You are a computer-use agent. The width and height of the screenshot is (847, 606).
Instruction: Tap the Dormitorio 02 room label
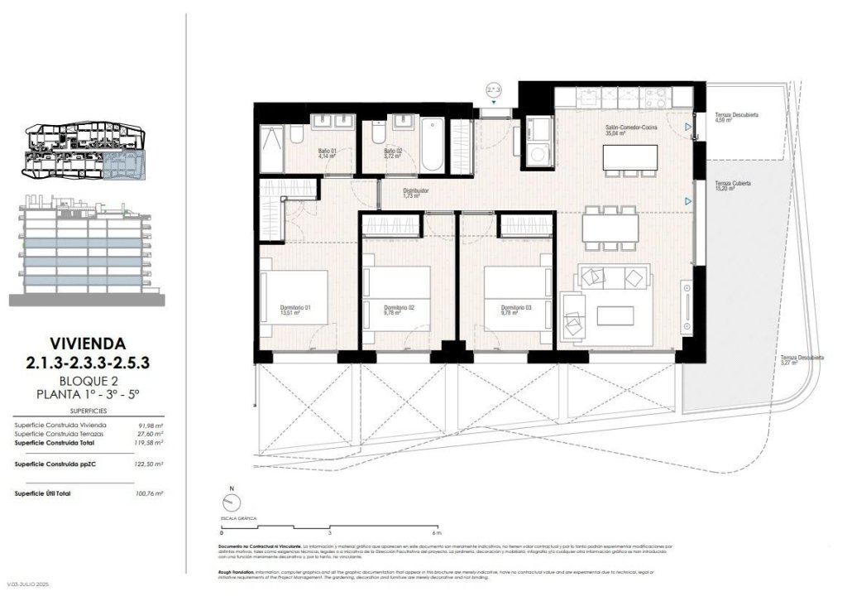400,309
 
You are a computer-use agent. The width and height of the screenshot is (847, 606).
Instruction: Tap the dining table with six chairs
610,226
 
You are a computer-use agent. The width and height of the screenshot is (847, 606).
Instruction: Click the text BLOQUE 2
87,381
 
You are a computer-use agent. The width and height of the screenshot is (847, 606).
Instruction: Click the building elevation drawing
87,248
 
